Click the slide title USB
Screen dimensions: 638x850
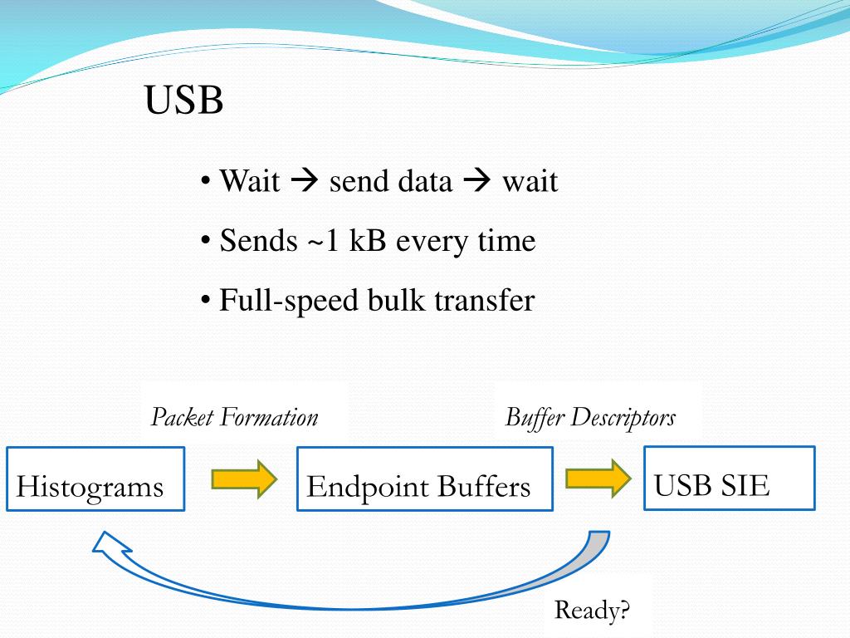point(183,101)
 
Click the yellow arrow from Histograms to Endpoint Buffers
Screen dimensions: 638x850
point(244,479)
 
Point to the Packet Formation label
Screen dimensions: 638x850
point(234,416)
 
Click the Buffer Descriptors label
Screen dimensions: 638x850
point(590,416)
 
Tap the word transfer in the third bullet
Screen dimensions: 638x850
point(484,300)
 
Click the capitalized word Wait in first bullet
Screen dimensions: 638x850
point(249,181)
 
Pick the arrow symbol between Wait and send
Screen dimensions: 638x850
point(305,181)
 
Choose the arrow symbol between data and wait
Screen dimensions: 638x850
point(477,181)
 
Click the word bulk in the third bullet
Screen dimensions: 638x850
point(397,300)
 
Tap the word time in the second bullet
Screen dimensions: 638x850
point(506,241)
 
